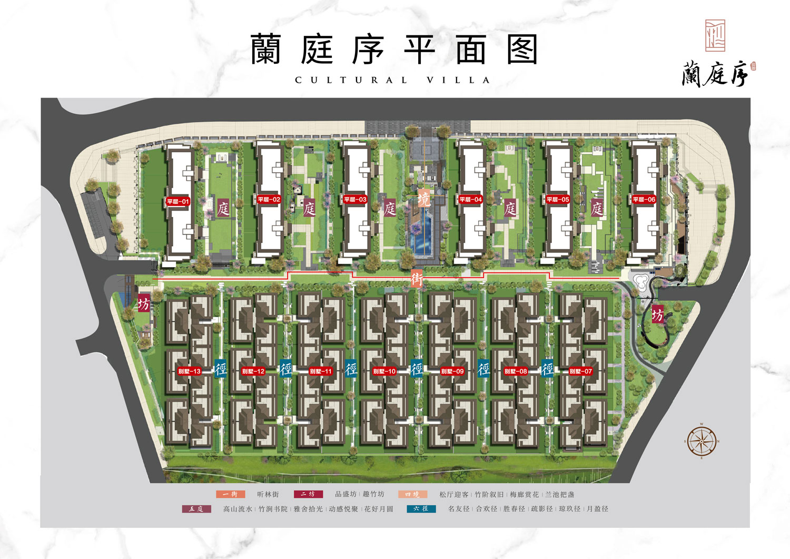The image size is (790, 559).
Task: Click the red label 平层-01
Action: click(x=178, y=202)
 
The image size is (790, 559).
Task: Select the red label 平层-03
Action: click(x=355, y=200)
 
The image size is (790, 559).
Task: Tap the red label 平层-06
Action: click(x=644, y=200)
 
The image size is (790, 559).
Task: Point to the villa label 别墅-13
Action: click(x=189, y=371)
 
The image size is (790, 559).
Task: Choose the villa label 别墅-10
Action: click(x=384, y=371)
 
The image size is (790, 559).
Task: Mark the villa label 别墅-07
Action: click(x=580, y=371)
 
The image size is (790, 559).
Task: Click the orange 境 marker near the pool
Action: click(x=423, y=199)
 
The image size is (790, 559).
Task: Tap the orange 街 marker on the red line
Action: click(x=417, y=279)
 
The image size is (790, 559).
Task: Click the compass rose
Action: click(x=702, y=441)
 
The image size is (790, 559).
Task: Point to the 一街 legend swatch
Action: click(x=230, y=494)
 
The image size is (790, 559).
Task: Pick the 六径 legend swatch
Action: click(x=421, y=509)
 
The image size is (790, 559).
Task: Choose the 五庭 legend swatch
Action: click(x=196, y=509)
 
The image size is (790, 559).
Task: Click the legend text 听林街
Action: click(x=268, y=494)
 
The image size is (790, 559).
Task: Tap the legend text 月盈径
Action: click(x=597, y=509)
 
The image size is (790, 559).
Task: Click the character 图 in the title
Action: click(x=522, y=50)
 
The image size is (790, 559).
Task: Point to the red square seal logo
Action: click(x=715, y=36)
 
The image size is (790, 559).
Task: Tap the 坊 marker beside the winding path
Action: click(x=657, y=315)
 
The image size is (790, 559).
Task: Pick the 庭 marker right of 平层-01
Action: click(x=223, y=209)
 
